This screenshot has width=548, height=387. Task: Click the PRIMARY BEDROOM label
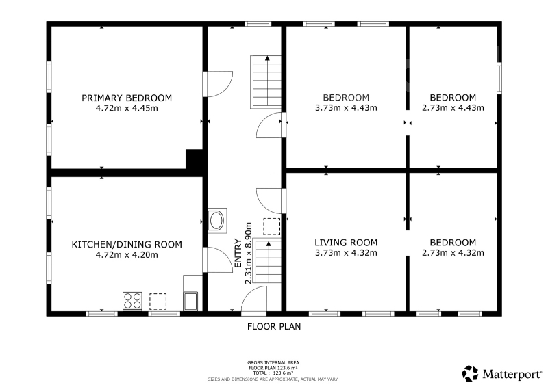click(127, 98)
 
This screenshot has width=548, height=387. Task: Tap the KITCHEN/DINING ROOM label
click(127, 245)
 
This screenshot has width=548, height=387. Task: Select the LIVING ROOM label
click(346, 243)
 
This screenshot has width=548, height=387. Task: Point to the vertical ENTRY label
click(238, 253)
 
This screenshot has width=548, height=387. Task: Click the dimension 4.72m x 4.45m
click(127, 108)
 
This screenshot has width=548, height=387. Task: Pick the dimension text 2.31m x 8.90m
click(248, 254)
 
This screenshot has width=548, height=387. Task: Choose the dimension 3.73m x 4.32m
click(346, 253)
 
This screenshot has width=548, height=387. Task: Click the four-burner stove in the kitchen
click(132, 301)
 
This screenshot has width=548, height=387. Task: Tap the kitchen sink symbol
click(191, 301)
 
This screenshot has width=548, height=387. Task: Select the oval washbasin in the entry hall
click(217, 221)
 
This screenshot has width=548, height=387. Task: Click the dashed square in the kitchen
click(158, 302)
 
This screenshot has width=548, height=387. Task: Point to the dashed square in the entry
click(271, 226)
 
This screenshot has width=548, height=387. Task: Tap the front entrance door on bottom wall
click(254, 298)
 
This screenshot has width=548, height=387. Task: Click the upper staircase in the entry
click(266, 82)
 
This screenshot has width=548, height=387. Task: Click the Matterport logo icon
click(470, 374)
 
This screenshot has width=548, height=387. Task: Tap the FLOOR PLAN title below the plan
click(274, 327)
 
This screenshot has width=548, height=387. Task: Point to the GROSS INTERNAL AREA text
click(273, 363)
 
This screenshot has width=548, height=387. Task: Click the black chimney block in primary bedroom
click(195, 159)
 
